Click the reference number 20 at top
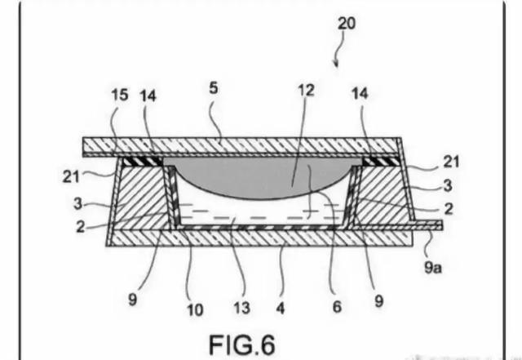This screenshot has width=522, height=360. pos(347,24)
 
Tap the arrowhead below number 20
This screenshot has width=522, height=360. pos(336,64)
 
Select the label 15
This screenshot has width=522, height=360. pos(120,95)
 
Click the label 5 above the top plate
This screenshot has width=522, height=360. pos(214,88)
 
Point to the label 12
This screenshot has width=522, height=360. pos(306,91)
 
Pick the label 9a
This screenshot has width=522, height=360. pos(433,267)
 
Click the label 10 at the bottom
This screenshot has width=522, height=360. pos(195,310)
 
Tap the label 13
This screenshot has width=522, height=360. pos(241,308)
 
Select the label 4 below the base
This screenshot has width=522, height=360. pos(281,309)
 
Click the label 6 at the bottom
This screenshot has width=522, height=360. pos(337,307)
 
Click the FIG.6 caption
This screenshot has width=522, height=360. pos(242,344)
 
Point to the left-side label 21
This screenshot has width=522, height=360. pos(71,176)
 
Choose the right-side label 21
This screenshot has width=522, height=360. pos(451,162)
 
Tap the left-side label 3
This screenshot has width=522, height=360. pos(77,203)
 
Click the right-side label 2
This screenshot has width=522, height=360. pos(449,209)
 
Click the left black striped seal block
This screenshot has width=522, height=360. pos(142,162)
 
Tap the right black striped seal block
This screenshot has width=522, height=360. pos(380,162)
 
